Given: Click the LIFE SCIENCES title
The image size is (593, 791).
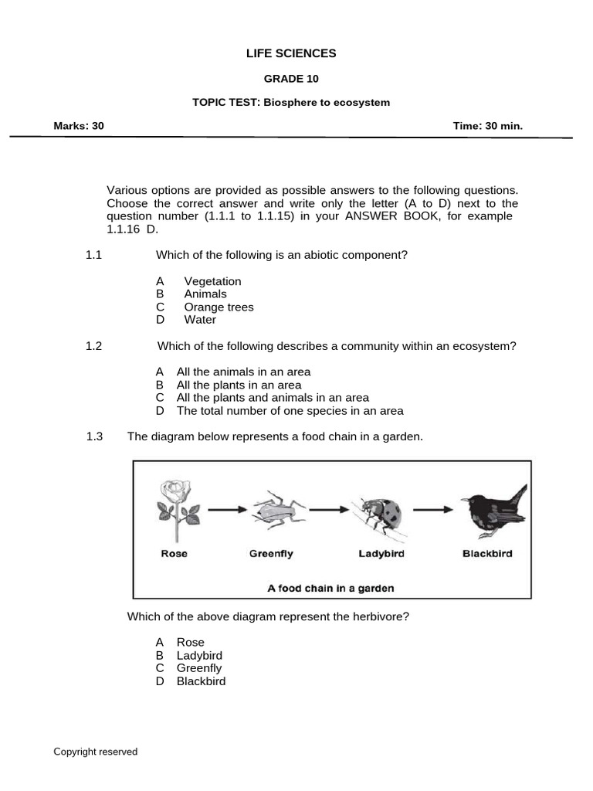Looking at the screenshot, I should point(291,53).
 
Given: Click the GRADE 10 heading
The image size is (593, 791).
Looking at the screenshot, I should point(291,79).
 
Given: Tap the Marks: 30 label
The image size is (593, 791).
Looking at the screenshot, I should point(78,125).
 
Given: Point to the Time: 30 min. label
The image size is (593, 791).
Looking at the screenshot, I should point(487,125).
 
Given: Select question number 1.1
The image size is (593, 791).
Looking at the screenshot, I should point(94,255).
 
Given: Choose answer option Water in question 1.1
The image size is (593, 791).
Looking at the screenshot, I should point(200,320).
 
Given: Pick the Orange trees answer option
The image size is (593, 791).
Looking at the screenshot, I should point(219,307).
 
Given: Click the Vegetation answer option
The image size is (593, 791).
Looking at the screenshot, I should point(212,281).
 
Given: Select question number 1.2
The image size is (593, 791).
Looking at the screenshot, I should point(94,346).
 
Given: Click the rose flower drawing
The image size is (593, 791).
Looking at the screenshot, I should point(176,510).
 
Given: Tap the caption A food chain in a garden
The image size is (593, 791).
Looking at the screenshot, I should point(330,588).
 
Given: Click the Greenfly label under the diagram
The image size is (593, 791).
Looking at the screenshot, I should point(271,554).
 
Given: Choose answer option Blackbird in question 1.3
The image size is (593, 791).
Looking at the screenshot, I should point(201,681).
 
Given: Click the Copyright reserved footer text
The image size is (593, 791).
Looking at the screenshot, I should point(96,752).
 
